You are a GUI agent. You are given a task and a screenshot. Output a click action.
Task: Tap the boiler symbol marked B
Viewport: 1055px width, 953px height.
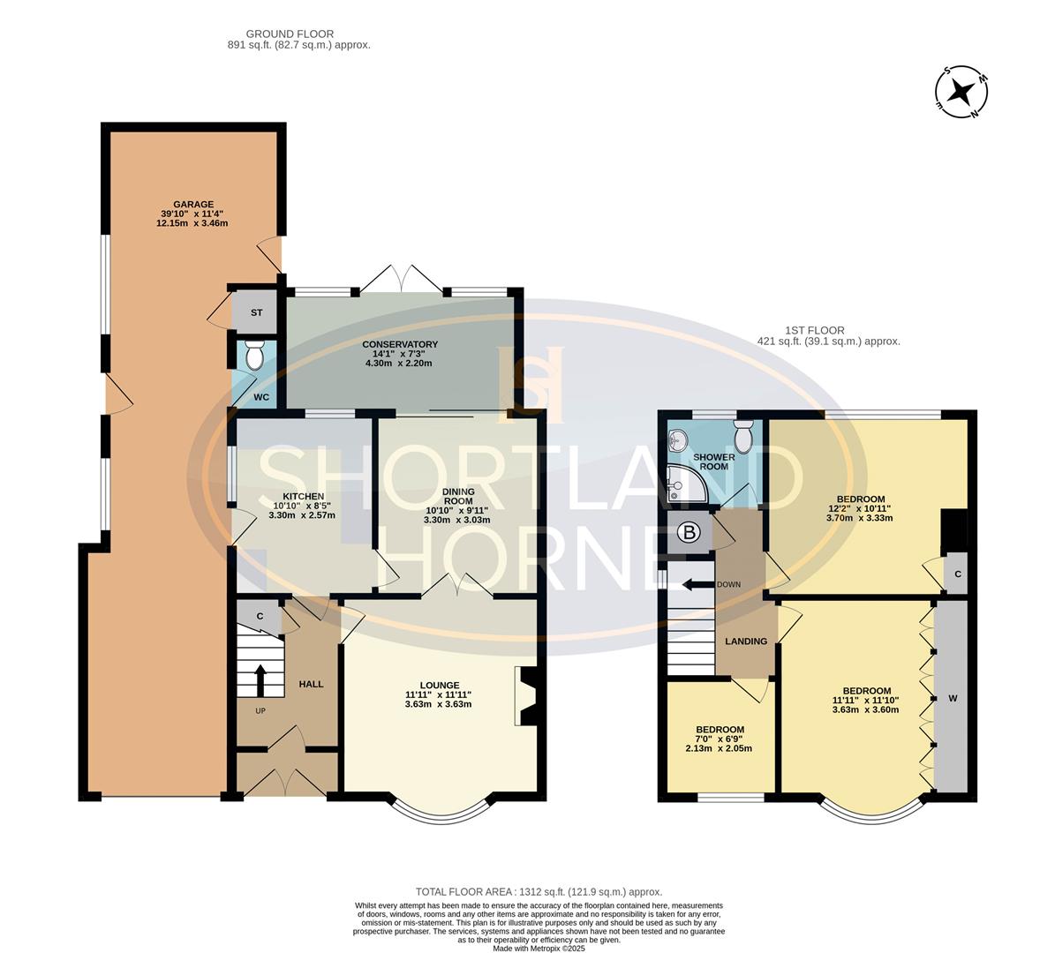(x=689, y=533)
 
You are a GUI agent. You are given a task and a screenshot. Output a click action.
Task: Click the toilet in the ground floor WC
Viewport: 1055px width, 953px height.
(x=254, y=356)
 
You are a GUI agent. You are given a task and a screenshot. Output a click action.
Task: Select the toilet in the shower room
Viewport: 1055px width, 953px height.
(x=743, y=435)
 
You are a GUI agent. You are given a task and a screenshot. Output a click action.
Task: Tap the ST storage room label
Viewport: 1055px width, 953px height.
(x=256, y=312)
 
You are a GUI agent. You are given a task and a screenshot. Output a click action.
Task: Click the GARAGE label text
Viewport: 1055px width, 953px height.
(x=192, y=204)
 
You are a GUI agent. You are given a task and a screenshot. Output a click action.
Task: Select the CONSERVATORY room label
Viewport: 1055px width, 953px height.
(x=400, y=344)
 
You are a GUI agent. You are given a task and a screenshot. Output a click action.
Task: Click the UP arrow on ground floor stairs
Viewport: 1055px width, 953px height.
(x=260, y=680)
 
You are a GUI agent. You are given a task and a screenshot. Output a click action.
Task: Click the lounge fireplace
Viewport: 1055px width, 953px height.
(x=525, y=696)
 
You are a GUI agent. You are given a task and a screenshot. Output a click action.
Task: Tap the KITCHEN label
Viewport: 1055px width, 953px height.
(x=303, y=497)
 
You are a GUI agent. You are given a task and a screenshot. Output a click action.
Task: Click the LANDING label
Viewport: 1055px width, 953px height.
(x=746, y=642)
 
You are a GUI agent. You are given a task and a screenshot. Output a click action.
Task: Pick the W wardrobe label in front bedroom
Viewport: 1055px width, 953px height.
(x=952, y=698)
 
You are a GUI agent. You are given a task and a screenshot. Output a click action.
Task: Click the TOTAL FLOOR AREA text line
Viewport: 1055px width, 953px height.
(x=539, y=892)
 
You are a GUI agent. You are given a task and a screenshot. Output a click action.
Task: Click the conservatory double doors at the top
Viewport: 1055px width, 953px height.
(x=401, y=278)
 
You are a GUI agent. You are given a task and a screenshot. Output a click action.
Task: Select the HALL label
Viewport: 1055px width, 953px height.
(x=311, y=684)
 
